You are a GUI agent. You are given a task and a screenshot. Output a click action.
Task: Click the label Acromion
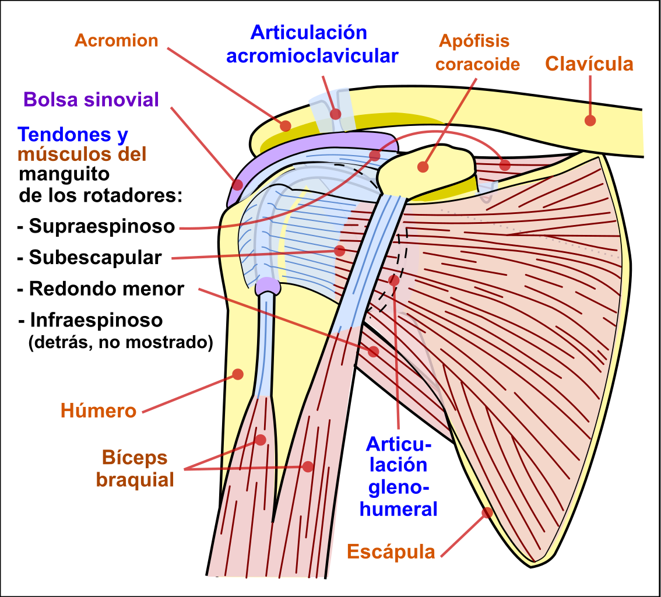coord(117,41)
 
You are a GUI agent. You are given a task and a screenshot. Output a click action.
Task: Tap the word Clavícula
coord(589,64)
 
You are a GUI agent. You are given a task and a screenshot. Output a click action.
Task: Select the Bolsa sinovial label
coord(91,99)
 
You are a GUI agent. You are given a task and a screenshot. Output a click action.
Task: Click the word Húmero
coord(99,410)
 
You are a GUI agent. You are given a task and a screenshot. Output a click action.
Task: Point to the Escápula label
coord(391,551)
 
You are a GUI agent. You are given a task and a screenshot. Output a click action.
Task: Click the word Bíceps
coord(135,458)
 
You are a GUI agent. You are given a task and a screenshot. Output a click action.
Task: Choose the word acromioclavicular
coord(312,56)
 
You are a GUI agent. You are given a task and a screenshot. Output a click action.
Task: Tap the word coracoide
coord(477,64)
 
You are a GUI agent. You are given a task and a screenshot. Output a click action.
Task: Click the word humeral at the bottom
coord(399,508)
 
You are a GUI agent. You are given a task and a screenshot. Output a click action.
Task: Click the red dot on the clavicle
coord(590,120)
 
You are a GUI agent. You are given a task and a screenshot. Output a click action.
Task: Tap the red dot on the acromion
coord(285,125)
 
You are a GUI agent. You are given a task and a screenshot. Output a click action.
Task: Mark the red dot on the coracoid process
coord(423,167)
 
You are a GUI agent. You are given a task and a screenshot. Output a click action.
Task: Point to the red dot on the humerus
coord(238,374)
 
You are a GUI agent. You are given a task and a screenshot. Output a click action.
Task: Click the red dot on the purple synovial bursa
coord(237,184)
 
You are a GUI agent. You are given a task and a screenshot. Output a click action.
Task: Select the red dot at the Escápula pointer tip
coord(486,513)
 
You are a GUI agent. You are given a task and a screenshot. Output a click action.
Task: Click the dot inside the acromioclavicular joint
coord(335,114)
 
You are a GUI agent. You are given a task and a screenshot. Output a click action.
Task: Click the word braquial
coord(135,480)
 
